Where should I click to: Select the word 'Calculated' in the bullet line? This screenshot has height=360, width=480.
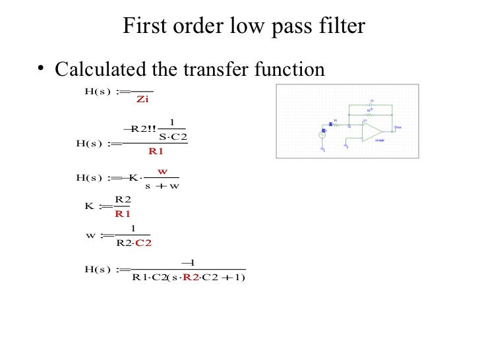(x=108, y=69)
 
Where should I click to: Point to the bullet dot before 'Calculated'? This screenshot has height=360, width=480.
(x=41, y=69)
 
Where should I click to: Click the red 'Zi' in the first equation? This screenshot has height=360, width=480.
(x=142, y=100)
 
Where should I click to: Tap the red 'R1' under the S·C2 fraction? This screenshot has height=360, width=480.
(x=156, y=151)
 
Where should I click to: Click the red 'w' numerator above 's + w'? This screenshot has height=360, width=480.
(x=162, y=171)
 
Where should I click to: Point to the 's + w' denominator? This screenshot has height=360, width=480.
(x=162, y=185)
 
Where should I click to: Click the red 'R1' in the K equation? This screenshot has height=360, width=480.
(x=123, y=214)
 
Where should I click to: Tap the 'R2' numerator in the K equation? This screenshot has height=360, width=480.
(x=123, y=199)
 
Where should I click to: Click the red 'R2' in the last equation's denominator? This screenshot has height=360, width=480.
(x=191, y=277)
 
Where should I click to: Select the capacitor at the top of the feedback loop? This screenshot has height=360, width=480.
(x=371, y=105)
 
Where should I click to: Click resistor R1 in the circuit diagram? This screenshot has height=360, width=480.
(x=336, y=124)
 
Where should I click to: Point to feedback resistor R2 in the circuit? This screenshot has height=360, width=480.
(x=369, y=114)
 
